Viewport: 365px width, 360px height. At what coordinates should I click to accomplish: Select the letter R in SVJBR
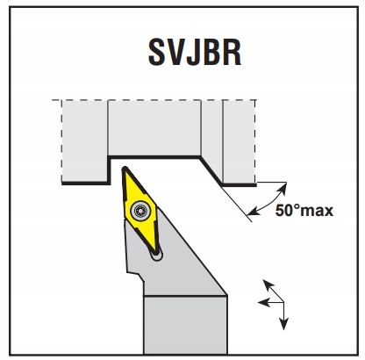pyautogui.click(x=232, y=53)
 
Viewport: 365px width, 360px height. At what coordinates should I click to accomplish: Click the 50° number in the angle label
pyautogui.click(x=288, y=210)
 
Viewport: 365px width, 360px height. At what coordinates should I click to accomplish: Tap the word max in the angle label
pyautogui.click(x=317, y=212)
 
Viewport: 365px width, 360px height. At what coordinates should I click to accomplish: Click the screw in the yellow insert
pyautogui.click(x=140, y=210)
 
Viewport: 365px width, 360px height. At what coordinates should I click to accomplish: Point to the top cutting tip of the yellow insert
pyautogui.click(x=125, y=168)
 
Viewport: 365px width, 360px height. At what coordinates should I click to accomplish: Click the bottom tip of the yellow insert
pyautogui.click(x=158, y=252)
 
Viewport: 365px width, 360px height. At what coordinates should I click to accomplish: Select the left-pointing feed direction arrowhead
pyautogui.click(x=263, y=302)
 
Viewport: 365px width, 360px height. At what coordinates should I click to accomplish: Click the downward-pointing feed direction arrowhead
pyautogui.click(x=283, y=324)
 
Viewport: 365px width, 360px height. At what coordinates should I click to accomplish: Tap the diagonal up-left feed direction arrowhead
pyautogui.click(x=268, y=284)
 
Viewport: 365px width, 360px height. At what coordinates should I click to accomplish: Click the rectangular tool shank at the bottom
pyautogui.click(x=185, y=325)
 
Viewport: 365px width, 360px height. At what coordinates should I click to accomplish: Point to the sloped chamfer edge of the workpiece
pyautogui.click(x=211, y=171)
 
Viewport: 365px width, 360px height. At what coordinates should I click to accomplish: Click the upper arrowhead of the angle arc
pyautogui.click(x=282, y=188)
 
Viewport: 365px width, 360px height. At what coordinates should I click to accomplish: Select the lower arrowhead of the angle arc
pyautogui.click(x=254, y=211)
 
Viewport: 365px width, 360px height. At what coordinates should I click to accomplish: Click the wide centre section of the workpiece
pyautogui.click(x=154, y=128)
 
